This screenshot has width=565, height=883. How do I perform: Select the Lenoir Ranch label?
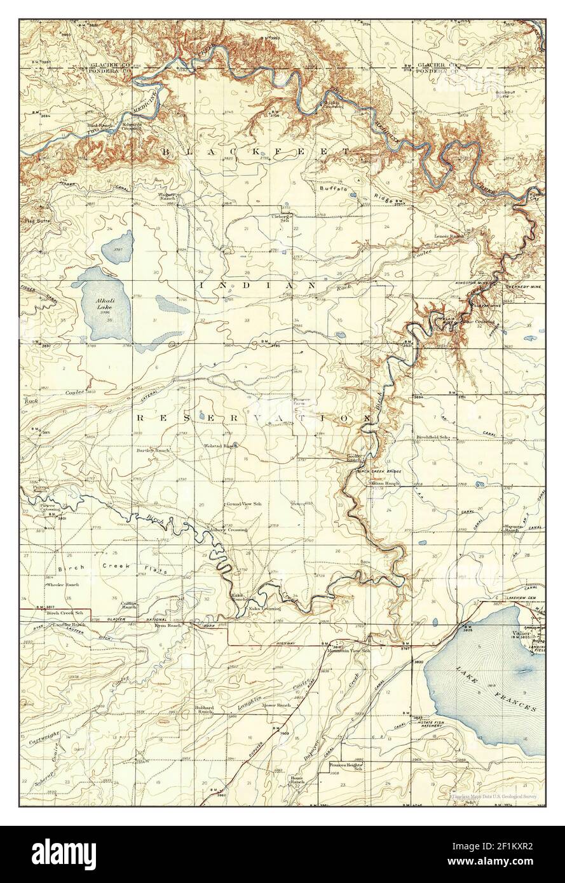click(449, 236)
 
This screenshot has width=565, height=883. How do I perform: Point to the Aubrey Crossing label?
click(229, 529)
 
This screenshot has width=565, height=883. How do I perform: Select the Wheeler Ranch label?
click(62, 584)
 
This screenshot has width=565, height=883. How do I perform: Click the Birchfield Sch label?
click(432, 438)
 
